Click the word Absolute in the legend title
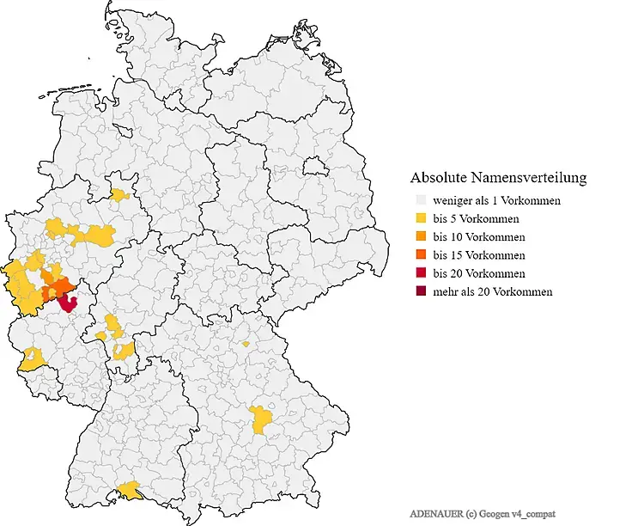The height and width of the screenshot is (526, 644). pyautogui.click(x=439, y=178)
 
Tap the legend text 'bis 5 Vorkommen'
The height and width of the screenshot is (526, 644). pyautogui.click(x=476, y=218)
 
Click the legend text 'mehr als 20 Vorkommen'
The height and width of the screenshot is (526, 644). pyautogui.click(x=492, y=291)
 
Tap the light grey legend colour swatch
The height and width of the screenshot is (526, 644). pyautogui.click(x=420, y=200)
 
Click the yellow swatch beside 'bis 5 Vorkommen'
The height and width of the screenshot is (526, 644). pyautogui.click(x=420, y=218)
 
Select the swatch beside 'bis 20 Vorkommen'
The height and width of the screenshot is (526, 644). pyautogui.click(x=420, y=273)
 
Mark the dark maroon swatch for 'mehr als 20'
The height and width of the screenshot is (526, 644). pyautogui.click(x=420, y=291)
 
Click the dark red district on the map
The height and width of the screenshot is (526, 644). pyautogui.click(x=67, y=301)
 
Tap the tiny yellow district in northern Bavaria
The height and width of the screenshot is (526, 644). pyautogui.click(x=246, y=344)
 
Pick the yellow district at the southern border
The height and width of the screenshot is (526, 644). pyautogui.click(x=131, y=490)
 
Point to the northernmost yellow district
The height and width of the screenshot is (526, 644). pyautogui.click(x=123, y=194)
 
